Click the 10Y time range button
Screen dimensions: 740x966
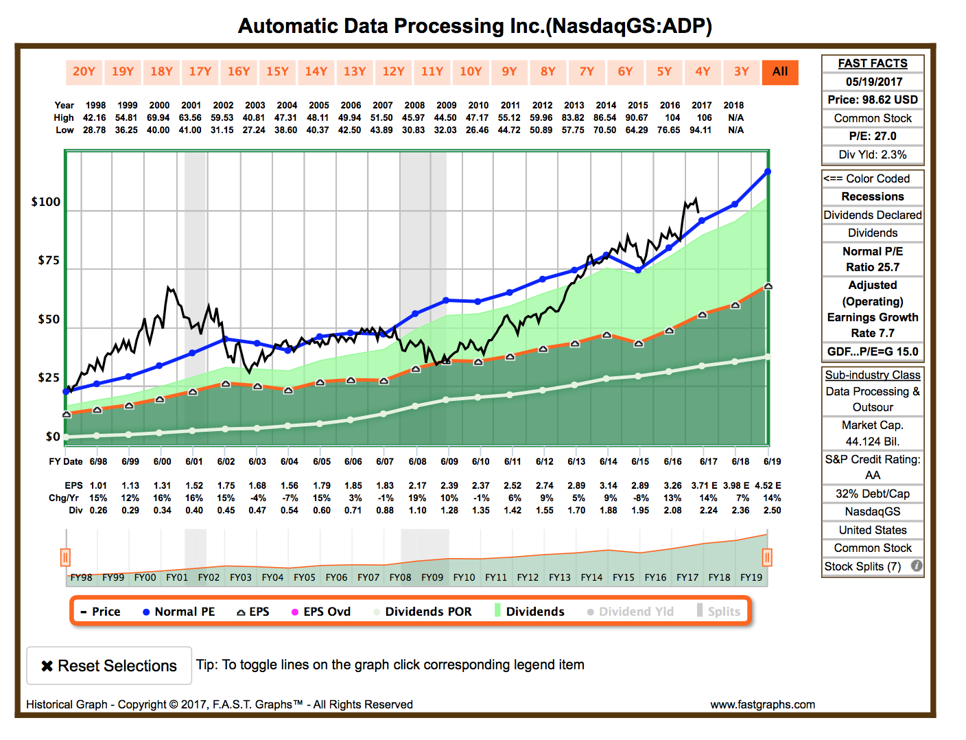click(471, 71)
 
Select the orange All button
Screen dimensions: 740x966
click(780, 71)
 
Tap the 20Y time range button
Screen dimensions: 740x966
click(84, 71)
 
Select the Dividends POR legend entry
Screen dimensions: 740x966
click(423, 612)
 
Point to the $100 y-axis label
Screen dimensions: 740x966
click(46, 202)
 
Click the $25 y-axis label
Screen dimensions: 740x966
click(49, 378)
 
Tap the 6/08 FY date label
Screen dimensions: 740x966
click(417, 461)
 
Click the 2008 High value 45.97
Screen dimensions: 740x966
click(414, 117)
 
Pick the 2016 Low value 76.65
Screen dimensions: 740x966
click(669, 130)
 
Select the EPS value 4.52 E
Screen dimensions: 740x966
click(768, 485)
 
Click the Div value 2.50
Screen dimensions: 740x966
click(772, 510)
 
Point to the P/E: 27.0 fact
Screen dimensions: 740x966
click(873, 136)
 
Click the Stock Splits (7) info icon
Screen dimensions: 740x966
click(916, 566)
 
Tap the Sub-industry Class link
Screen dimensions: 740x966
click(873, 375)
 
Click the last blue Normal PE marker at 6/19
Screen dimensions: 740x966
click(768, 172)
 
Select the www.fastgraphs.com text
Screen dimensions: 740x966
click(762, 704)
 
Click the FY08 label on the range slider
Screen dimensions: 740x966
click(400, 577)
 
